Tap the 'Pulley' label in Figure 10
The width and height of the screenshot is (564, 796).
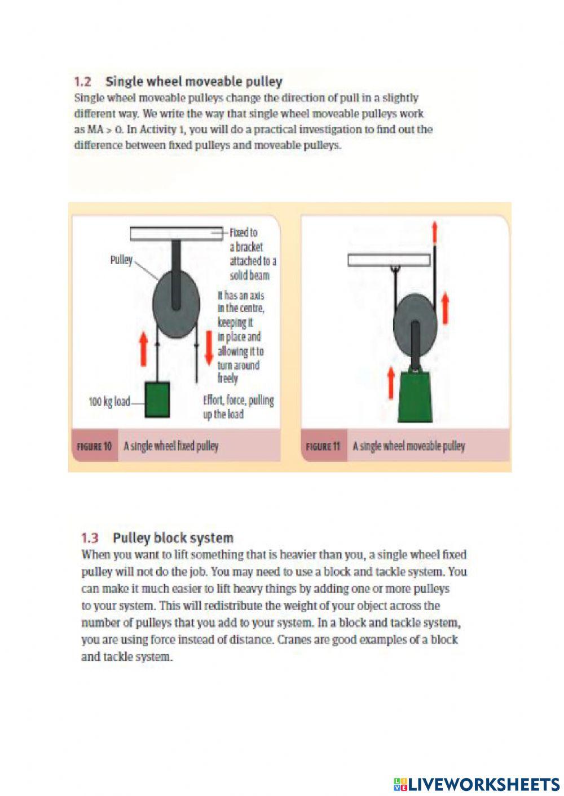(121, 260)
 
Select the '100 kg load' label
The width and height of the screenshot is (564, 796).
(109, 402)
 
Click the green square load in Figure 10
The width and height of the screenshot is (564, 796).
(157, 399)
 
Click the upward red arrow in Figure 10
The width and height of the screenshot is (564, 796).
(143, 348)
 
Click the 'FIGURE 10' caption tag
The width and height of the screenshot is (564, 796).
(94, 447)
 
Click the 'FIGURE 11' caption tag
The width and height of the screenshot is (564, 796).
(323, 447)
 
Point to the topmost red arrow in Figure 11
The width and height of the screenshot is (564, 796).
(434, 232)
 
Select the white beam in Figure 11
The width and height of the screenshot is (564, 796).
(389, 260)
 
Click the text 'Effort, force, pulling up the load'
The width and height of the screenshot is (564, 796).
(238, 407)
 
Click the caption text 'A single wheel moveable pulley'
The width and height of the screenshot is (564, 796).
(409, 447)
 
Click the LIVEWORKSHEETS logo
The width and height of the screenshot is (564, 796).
(477, 784)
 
